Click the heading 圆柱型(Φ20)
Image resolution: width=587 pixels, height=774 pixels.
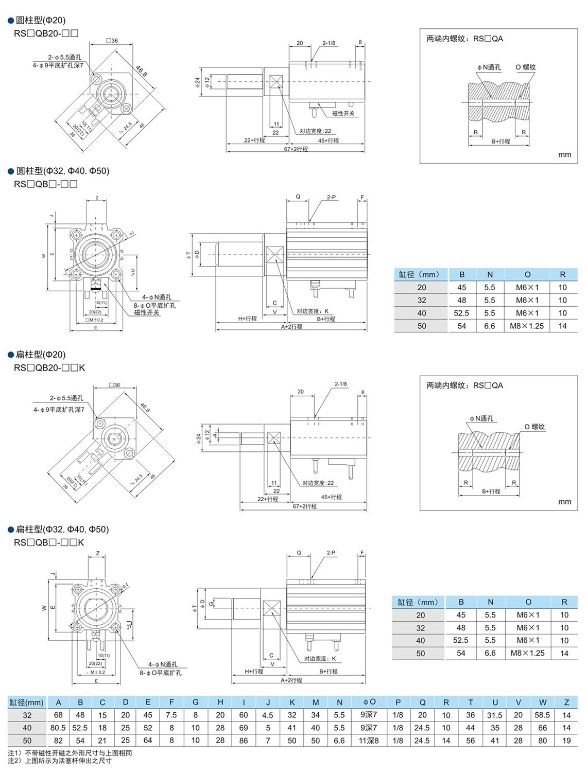pos(40,21)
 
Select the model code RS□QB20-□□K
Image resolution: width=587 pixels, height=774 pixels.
pos(49,367)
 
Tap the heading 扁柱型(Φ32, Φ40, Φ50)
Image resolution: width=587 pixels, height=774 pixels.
pos(62,529)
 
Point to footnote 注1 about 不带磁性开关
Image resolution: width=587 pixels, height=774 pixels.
pos(70,753)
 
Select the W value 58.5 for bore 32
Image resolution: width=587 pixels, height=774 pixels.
pos(542,715)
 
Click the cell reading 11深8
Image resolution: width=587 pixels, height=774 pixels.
pos(369,741)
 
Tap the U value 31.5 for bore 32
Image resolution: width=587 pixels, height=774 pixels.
pos(495,715)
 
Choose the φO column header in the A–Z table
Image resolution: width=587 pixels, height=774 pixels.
pos(369,702)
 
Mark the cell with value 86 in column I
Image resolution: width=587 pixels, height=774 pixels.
pos(244,741)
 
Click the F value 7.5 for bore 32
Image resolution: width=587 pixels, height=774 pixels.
pos(171,715)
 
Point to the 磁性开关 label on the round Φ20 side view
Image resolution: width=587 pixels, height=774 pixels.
pos(343,113)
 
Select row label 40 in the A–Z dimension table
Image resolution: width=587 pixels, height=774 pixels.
pos(27,728)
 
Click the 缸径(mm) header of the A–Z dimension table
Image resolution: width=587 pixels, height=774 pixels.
pos(27,702)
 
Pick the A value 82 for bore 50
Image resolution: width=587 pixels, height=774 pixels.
pos(58,741)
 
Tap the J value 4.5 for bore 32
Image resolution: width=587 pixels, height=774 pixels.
pos(268,715)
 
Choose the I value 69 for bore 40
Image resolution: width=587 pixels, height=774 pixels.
pos(244,728)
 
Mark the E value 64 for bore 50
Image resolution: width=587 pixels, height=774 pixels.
pos(148,741)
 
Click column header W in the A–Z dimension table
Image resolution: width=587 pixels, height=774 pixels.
pos(543,702)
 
